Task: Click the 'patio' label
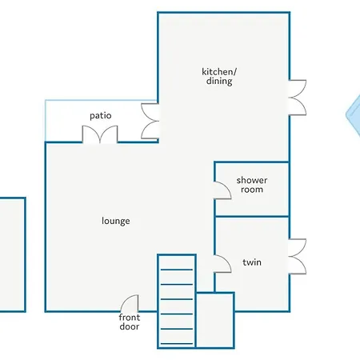tap(101, 116)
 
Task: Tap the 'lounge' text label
tap(116, 221)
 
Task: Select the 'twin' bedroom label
tap(252, 262)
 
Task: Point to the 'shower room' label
tap(252, 185)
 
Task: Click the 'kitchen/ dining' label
tap(219, 77)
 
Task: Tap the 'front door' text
tap(130, 322)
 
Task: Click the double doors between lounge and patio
tap(100, 134)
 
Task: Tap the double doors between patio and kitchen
tap(150, 121)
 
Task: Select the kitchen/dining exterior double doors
tap(298, 98)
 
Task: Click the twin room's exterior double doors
tap(298, 257)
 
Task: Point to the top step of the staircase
tap(177, 270)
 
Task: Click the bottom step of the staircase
tap(177, 343)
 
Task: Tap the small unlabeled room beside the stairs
tap(215, 320)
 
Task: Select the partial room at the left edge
tap(12, 254)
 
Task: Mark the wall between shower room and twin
tap(252, 216)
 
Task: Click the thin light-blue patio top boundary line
tap(102, 100)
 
